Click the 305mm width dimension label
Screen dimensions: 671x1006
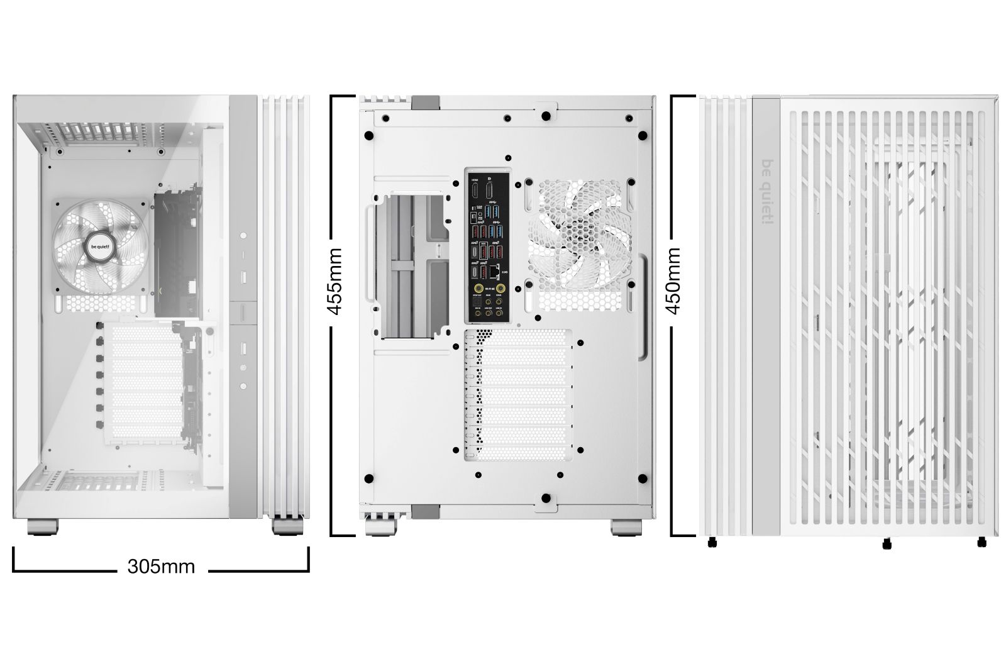pyautogui.click(x=161, y=567)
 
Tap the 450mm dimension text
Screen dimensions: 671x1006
pyautogui.click(x=673, y=280)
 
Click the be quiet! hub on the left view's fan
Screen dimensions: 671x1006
pyautogui.click(x=101, y=247)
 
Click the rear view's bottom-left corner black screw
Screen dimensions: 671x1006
pyautogui.click(x=369, y=476)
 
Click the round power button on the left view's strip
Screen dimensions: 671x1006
pyautogui.click(x=244, y=235)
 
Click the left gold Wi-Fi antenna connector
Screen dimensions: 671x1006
pyautogui.click(x=480, y=289)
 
